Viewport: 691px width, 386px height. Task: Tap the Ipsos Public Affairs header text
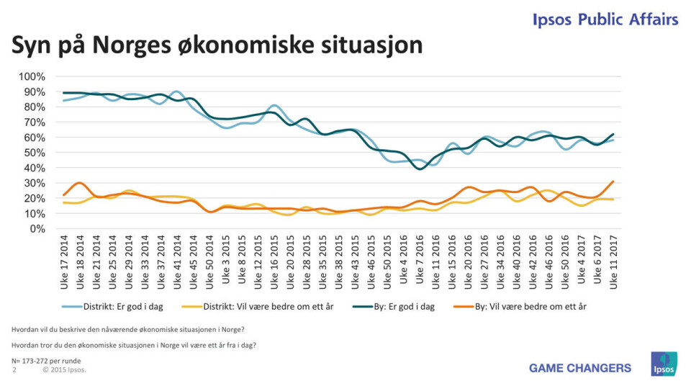[x=605, y=19]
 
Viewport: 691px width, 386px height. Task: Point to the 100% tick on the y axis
[x=32, y=76]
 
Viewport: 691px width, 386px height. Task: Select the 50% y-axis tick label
[x=35, y=153]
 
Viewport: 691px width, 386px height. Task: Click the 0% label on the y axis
[x=37, y=228]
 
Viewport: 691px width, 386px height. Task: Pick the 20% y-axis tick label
[x=35, y=198]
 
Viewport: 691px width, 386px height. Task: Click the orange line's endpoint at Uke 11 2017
[x=613, y=181]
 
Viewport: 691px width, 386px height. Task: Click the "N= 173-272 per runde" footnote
[x=46, y=360]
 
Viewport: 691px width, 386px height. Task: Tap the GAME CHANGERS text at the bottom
[x=579, y=368]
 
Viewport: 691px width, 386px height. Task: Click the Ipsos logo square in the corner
[x=664, y=364]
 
